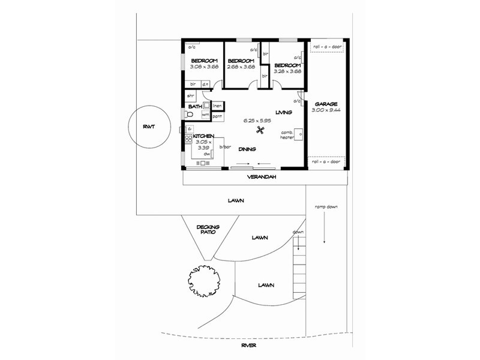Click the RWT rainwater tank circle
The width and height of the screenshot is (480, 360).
coord(147,127)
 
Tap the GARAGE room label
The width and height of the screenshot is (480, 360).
coord(325,104)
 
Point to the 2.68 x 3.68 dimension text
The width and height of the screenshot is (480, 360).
coord(241,67)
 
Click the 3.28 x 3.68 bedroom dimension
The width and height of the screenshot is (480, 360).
coord(287,71)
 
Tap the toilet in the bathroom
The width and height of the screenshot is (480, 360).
coord(189,113)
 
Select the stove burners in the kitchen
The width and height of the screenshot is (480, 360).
coord(188,140)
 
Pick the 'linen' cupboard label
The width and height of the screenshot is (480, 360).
coord(217,106)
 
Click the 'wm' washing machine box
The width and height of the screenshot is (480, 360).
coord(205,114)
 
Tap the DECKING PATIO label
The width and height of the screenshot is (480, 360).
coord(208,229)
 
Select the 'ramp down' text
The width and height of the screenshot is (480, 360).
coord(326,207)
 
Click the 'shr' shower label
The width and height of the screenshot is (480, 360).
coord(191,96)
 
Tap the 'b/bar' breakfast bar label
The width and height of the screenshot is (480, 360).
coord(225,147)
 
